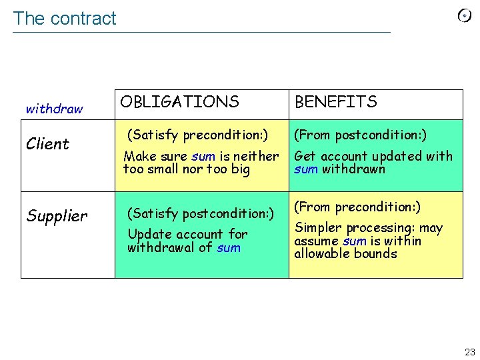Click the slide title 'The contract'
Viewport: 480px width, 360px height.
65,19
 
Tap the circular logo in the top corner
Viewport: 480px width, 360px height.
465,16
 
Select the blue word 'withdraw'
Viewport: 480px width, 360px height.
54,109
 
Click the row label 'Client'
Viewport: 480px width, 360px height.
47,144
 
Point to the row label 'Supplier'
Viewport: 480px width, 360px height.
57,216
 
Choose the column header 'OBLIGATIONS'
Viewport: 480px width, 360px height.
179,102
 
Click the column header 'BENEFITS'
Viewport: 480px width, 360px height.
335,102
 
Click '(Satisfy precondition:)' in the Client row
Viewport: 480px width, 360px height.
197,135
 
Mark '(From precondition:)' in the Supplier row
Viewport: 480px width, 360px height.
357,207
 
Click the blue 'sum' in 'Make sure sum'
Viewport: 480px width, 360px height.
203,157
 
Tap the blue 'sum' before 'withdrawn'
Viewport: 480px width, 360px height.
306,169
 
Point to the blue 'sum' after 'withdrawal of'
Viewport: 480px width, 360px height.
229,248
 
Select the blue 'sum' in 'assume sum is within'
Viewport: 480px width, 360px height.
354,241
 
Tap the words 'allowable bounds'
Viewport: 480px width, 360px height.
345,254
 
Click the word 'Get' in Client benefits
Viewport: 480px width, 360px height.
305,156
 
